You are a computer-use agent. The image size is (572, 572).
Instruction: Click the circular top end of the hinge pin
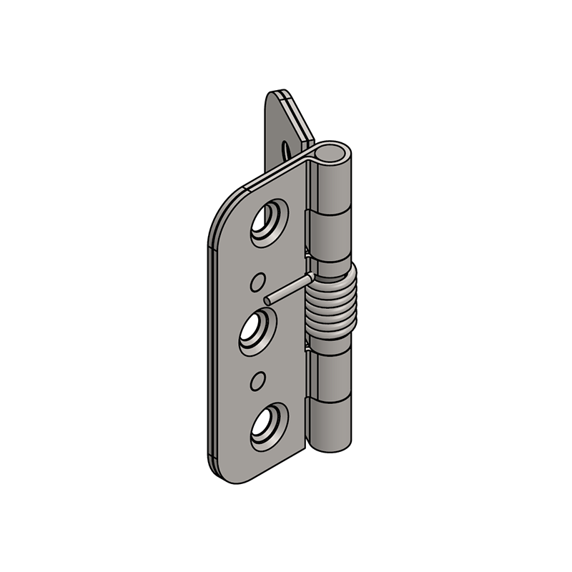[x=335, y=152]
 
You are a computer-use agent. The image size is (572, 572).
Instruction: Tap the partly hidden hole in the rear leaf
[x=287, y=149]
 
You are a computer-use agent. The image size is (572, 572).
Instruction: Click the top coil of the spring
[x=335, y=274]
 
